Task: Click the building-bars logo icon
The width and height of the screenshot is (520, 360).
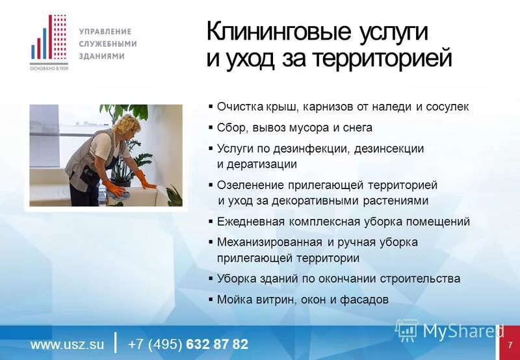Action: (x=49, y=39)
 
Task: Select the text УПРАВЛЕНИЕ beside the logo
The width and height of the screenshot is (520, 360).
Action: (x=105, y=31)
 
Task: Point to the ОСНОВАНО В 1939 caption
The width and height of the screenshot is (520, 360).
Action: (x=49, y=68)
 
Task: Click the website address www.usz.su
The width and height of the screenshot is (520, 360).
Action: (x=67, y=344)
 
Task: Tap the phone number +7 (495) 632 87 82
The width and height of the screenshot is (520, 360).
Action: (x=188, y=344)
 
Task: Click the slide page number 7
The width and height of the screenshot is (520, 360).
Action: (x=510, y=344)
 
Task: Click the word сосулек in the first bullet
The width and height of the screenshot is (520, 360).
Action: (x=447, y=107)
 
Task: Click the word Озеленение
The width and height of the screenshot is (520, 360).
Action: (x=249, y=185)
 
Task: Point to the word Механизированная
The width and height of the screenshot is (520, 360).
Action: (x=269, y=242)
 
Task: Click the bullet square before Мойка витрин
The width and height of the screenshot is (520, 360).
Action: (x=211, y=300)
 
